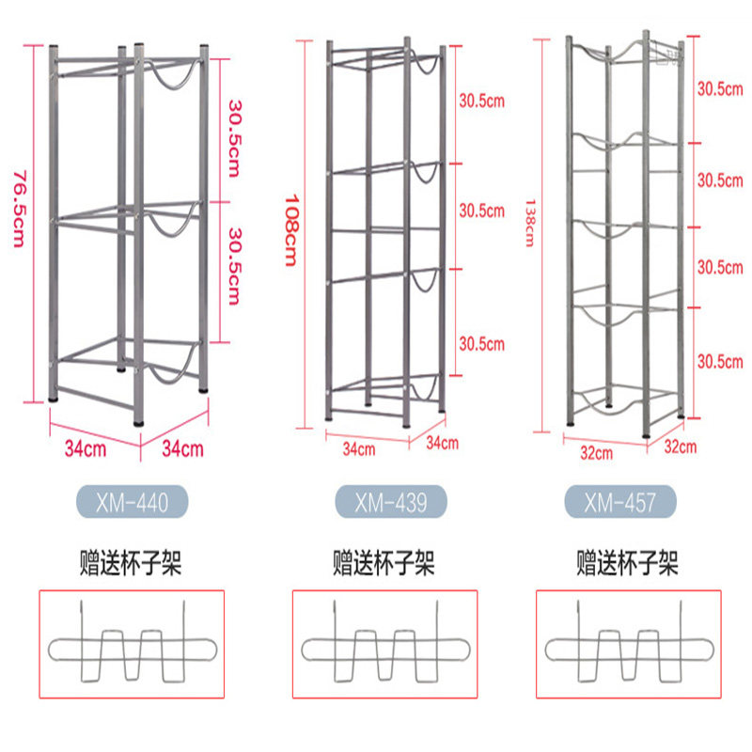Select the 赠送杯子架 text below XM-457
627,564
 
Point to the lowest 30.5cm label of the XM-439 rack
482,344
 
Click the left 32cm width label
597,452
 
